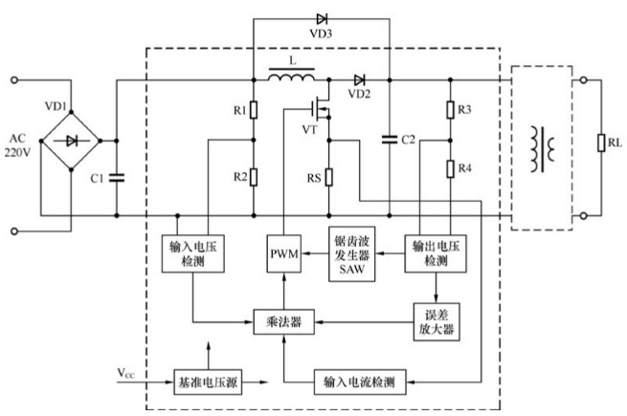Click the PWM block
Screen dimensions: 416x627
285,253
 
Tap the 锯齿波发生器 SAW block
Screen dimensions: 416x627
350,253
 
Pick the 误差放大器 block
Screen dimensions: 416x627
436,322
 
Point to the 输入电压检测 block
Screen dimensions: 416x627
192,253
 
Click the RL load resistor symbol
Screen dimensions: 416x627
601,144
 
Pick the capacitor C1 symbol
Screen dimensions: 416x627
117,176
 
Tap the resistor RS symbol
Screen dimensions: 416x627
328,178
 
